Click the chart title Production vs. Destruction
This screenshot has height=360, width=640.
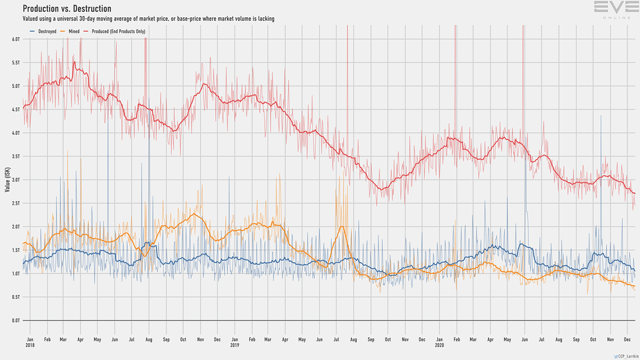67,9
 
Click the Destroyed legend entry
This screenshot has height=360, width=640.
43,30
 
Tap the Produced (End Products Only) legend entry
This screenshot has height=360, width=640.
124,30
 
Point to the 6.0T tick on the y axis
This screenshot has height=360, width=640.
16,39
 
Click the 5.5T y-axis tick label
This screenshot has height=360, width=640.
16,62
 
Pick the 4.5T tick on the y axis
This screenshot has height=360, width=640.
16,109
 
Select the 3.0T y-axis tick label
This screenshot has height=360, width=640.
16,180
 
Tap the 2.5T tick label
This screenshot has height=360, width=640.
16,204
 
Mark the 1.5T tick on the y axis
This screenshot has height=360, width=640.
16,251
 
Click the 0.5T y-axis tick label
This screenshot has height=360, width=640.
16,298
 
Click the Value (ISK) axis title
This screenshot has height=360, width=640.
7,179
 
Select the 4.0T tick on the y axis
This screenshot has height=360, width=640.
16,133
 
